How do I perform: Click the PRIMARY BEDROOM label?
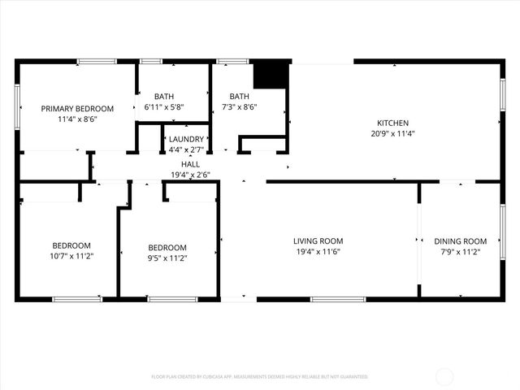pyautogui.click(x=78, y=108)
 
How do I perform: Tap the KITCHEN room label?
pyautogui.click(x=392, y=123)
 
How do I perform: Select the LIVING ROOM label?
pyautogui.click(x=318, y=240)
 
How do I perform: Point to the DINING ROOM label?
pyautogui.click(x=460, y=240)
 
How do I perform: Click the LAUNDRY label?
pyautogui.click(x=186, y=139)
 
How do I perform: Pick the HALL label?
pyautogui.click(x=190, y=164)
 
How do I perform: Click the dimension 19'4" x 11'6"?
pyautogui.click(x=318, y=252)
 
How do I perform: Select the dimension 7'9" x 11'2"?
pyautogui.click(x=460, y=252)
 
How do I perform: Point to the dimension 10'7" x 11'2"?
pyautogui.click(x=71, y=257)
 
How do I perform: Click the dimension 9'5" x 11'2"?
pyautogui.click(x=167, y=258)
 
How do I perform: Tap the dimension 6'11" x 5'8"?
pyautogui.click(x=163, y=106)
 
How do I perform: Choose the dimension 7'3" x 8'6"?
pyautogui.click(x=239, y=106)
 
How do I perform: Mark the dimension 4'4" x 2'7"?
pyautogui.click(x=186, y=149)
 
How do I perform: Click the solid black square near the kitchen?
pyautogui.click(x=271, y=75)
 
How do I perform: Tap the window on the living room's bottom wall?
pyautogui.click(x=337, y=299)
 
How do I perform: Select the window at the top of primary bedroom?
pyautogui.click(x=97, y=61)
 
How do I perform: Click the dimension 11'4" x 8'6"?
pyautogui.click(x=78, y=119)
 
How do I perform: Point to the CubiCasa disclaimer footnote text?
pyautogui.click(x=259, y=377)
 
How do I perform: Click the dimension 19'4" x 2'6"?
pyautogui.click(x=190, y=175)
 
